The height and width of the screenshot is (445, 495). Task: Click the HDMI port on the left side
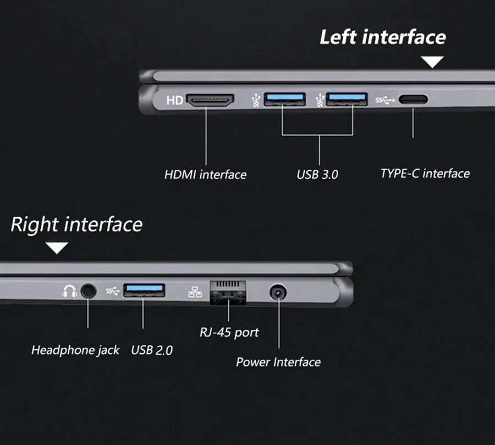211,100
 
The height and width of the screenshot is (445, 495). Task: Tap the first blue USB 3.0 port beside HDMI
284,100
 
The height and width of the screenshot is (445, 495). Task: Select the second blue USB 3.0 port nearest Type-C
346,100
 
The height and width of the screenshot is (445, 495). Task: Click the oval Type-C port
413,100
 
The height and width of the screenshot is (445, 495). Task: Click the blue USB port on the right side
144,290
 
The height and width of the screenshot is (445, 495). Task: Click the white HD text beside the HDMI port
174,101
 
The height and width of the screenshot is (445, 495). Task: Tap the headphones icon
69,291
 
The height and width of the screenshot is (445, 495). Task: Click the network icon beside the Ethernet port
195,291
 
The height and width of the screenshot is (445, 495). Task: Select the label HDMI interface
205,175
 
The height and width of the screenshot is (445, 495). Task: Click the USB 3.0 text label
317,175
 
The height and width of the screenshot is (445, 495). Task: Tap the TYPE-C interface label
425,173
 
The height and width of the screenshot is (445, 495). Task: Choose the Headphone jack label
75,350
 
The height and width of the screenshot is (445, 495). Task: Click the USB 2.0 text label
151,350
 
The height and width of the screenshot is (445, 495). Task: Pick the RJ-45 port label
229,333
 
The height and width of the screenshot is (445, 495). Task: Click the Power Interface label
278,362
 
